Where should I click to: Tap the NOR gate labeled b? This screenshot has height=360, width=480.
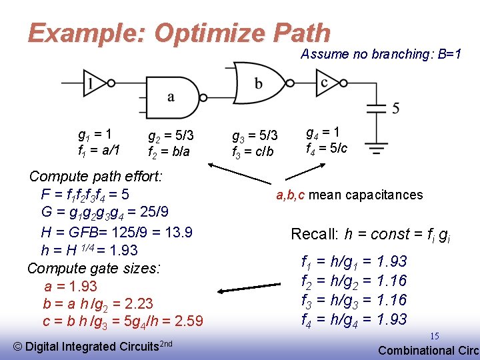tap(257, 82)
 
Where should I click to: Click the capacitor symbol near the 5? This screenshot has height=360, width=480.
tap(377, 107)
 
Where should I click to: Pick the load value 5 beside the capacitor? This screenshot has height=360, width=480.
tap(396, 108)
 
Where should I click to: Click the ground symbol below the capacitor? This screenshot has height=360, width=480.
tap(377, 147)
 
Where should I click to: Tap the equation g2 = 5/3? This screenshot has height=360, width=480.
tap(171, 136)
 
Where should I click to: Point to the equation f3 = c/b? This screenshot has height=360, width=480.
tap(253, 151)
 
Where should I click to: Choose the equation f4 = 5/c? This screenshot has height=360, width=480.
tap(326, 148)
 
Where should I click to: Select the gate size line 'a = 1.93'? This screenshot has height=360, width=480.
tap(70, 286)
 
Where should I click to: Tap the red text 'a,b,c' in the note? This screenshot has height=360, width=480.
tap(291, 195)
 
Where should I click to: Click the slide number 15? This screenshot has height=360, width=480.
tap(434, 336)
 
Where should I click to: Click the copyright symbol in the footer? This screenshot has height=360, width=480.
tap(18, 346)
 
